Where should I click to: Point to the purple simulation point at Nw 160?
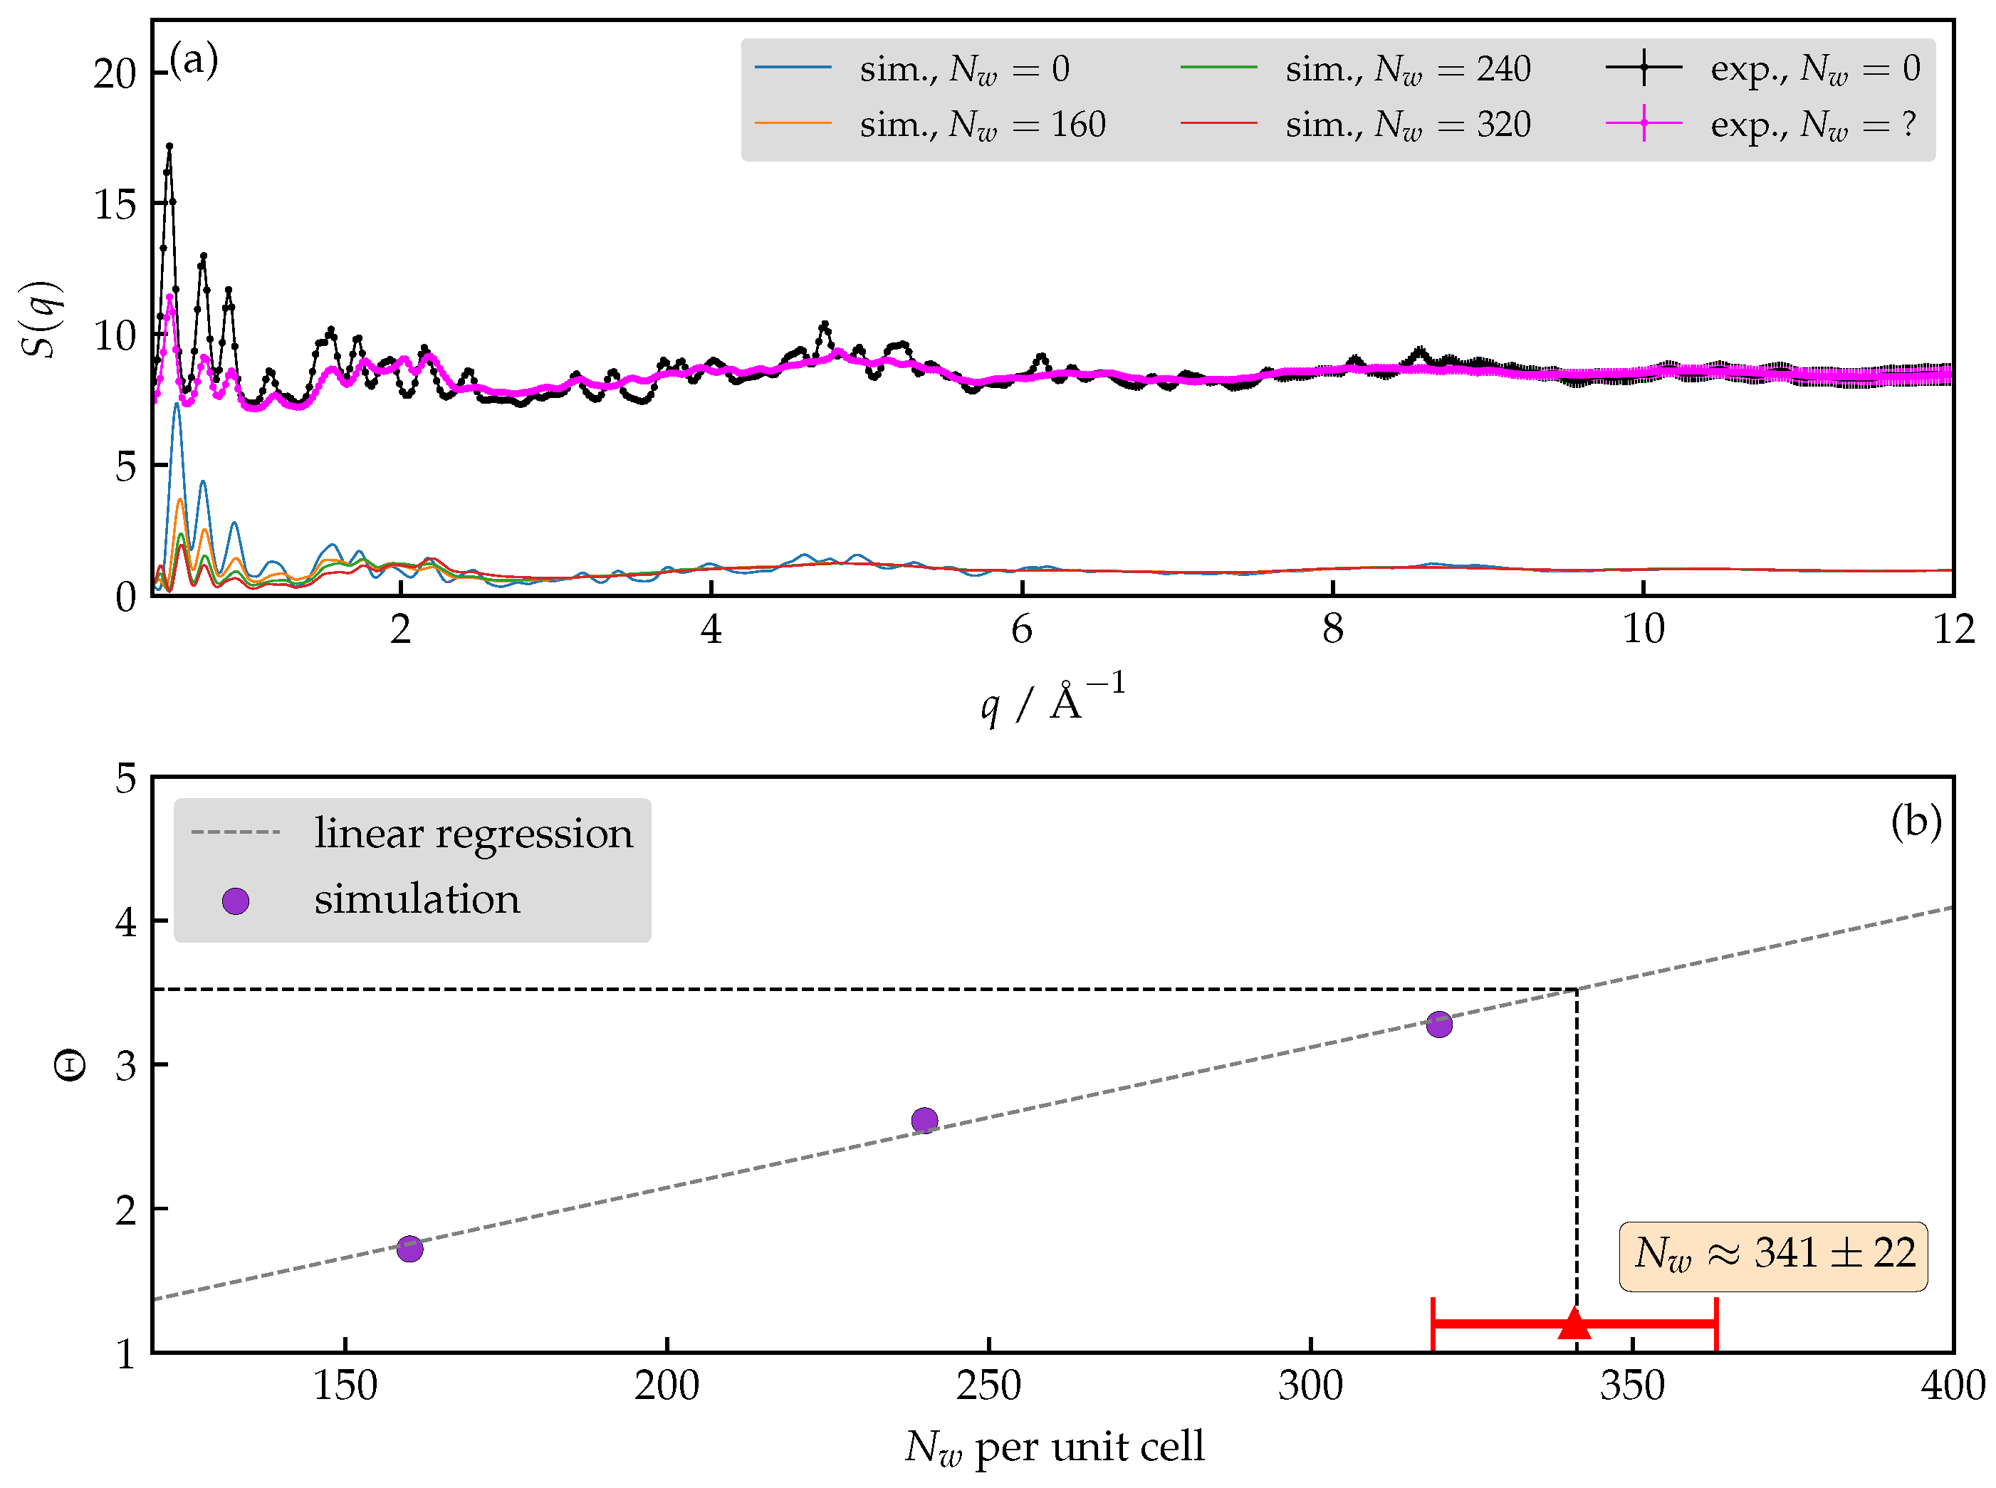click(x=410, y=1248)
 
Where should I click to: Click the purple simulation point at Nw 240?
click(x=924, y=1121)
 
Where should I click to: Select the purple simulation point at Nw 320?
click(x=1439, y=1024)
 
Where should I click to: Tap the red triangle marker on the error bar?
click(x=1574, y=1323)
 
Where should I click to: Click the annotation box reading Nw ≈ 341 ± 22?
click(x=1772, y=1256)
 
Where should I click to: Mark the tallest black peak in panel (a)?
click(x=169, y=146)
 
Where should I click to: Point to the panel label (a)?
click(x=193, y=61)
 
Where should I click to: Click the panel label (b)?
click(x=1915, y=821)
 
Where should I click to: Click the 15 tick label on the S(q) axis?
click(x=115, y=205)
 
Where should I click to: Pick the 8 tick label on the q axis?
click(x=1332, y=629)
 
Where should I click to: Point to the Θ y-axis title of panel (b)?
click(x=70, y=1066)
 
